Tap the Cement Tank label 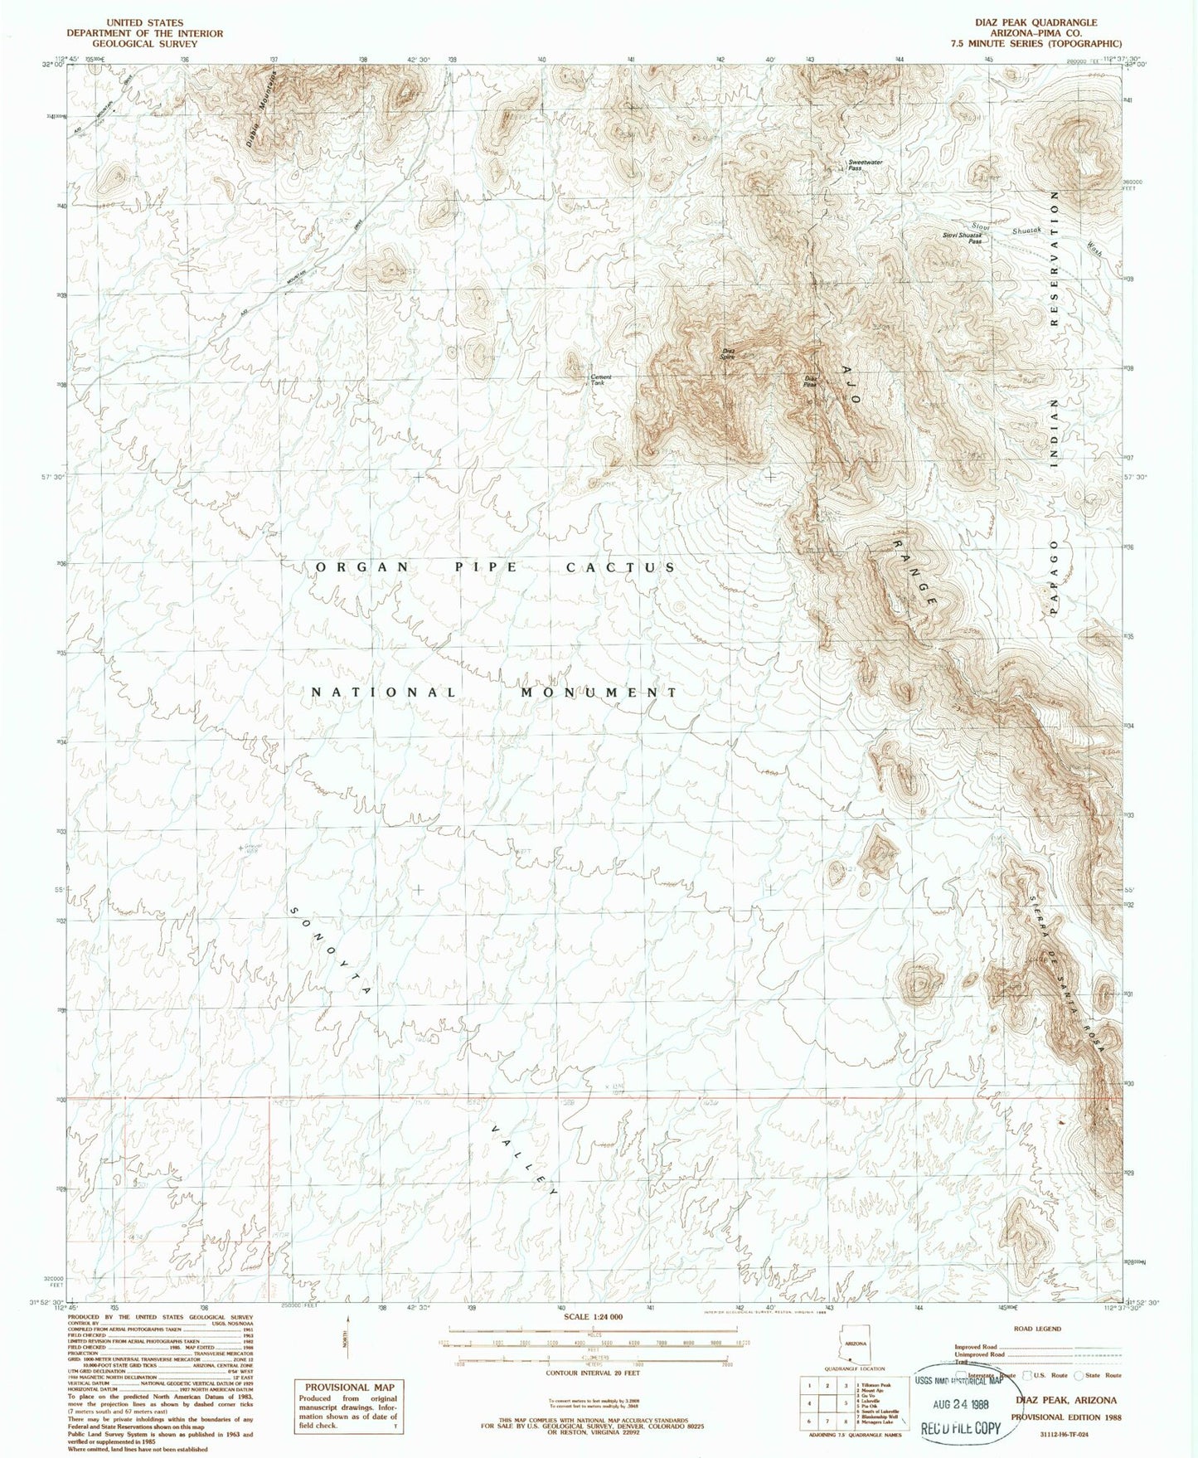tap(602, 380)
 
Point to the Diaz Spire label tap(727, 352)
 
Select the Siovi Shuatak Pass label tap(966, 237)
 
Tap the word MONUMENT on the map tap(599, 692)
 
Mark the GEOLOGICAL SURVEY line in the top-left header tap(144, 44)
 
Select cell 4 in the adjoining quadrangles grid tap(808, 1403)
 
